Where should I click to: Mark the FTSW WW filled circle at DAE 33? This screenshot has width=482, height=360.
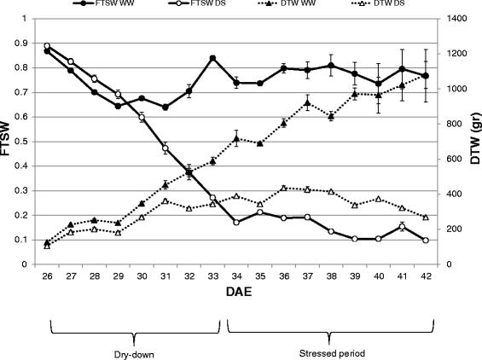(x=212, y=58)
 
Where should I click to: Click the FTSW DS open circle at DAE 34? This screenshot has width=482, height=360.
(x=235, y=222)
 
